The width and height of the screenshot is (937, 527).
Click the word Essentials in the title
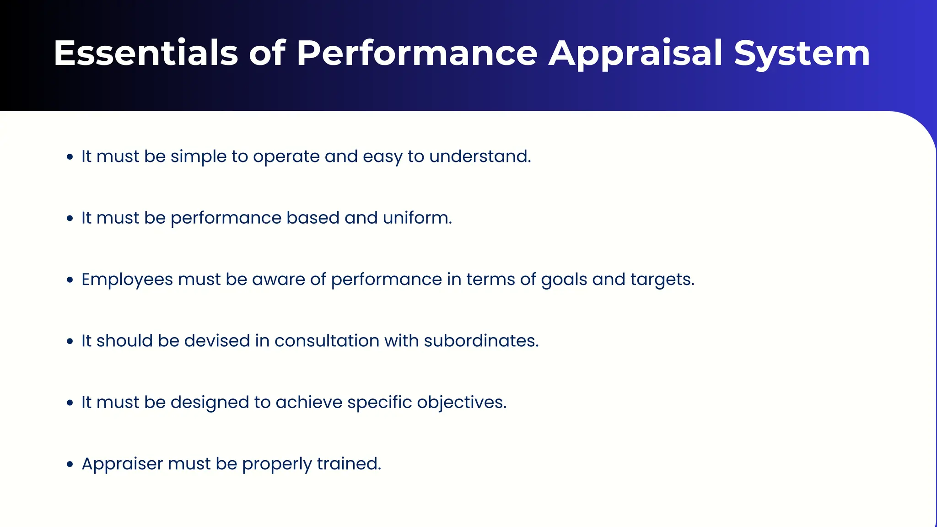tap(146, 54)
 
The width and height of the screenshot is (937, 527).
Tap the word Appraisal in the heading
tap(635, 54)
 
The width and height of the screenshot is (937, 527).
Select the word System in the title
tap(802, 54)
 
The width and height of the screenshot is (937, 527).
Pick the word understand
tap(480, 156)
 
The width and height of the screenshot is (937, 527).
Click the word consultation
tap(327, 341)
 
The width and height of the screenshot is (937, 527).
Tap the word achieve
tap(309, 403)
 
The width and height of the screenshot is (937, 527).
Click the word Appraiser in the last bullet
tap(122, 464)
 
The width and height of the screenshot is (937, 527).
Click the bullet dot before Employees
tap(70, 280)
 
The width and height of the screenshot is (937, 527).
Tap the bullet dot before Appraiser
tap(70, 464)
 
